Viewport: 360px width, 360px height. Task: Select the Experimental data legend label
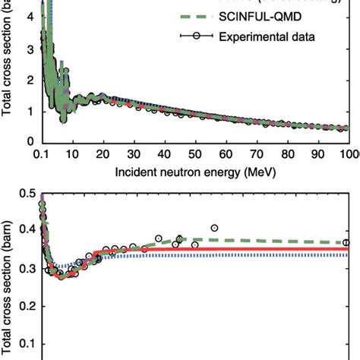tap(279, 36)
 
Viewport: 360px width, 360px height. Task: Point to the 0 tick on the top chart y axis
tap(30, 141)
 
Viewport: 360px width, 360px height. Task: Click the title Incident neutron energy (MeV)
tap(194, 172)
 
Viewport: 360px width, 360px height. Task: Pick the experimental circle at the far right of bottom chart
tap(347, 242)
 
